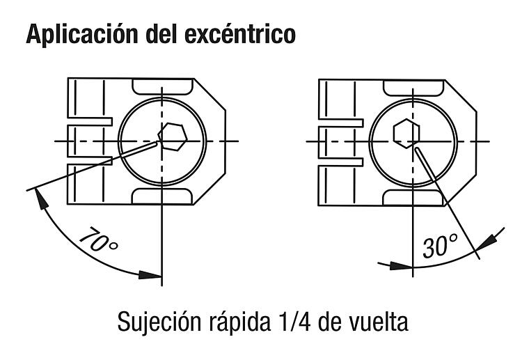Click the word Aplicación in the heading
point(82,33)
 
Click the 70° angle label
point(99,240)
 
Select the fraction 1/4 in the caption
point(294,322)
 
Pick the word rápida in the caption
point(239,322)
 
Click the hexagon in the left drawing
point(173,137)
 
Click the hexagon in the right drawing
point(406,133)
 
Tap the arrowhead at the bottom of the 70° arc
point(150,275)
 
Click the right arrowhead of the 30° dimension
point(484,242)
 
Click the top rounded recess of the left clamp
point(162,86)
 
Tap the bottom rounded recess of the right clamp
point(413,198)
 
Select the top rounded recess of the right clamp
point(413,88)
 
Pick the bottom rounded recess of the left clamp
point(162,196)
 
